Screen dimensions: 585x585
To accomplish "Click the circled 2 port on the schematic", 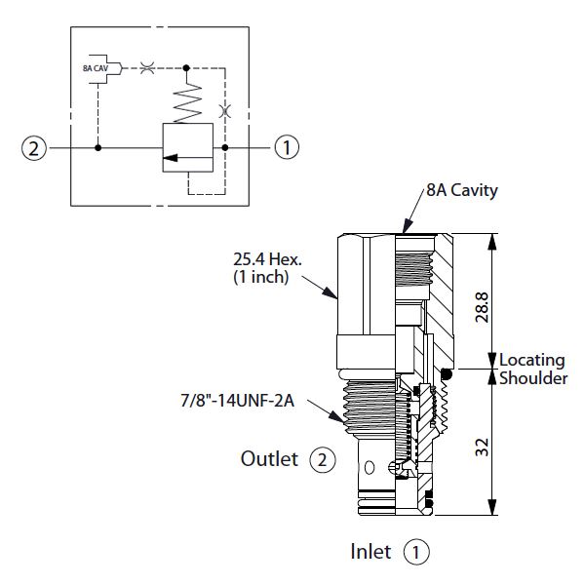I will (x=33, y=148).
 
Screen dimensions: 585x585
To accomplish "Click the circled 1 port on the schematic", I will (x=286, y=148).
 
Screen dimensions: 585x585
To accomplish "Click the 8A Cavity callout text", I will (x=461, y=191).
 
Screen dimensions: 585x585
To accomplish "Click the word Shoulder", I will (x=532, y=378).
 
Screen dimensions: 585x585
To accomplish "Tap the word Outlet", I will (x=268, y=458).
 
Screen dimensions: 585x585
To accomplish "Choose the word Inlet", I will (x=371, y=552).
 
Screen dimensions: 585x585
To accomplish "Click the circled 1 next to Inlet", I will (x=416, y=552).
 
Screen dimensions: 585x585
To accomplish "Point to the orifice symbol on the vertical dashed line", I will (x=225, y=111).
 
